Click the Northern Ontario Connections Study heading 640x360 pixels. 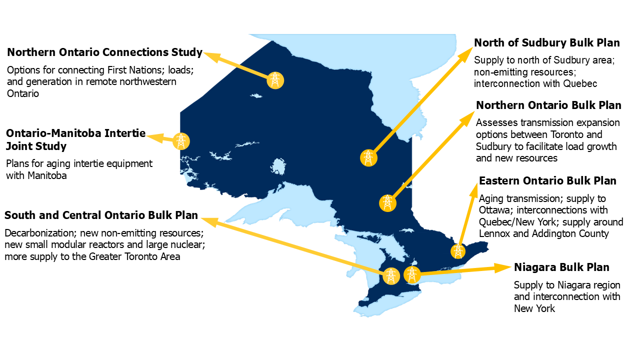104,52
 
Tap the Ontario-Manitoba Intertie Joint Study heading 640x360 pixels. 75,139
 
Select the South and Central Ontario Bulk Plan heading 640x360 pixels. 101,215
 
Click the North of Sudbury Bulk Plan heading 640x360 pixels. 547,43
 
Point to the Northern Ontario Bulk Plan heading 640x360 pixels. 548,105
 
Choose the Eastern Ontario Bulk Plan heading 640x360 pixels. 547,180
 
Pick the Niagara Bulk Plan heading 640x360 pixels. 561,267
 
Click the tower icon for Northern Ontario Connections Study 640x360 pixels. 275,80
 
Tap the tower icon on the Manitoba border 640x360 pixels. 181,141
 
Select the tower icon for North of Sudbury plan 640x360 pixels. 368,158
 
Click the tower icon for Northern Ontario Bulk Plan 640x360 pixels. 387,202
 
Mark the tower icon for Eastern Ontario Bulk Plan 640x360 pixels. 457,251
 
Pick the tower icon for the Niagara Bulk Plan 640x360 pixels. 411,274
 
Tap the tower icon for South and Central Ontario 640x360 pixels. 391,276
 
